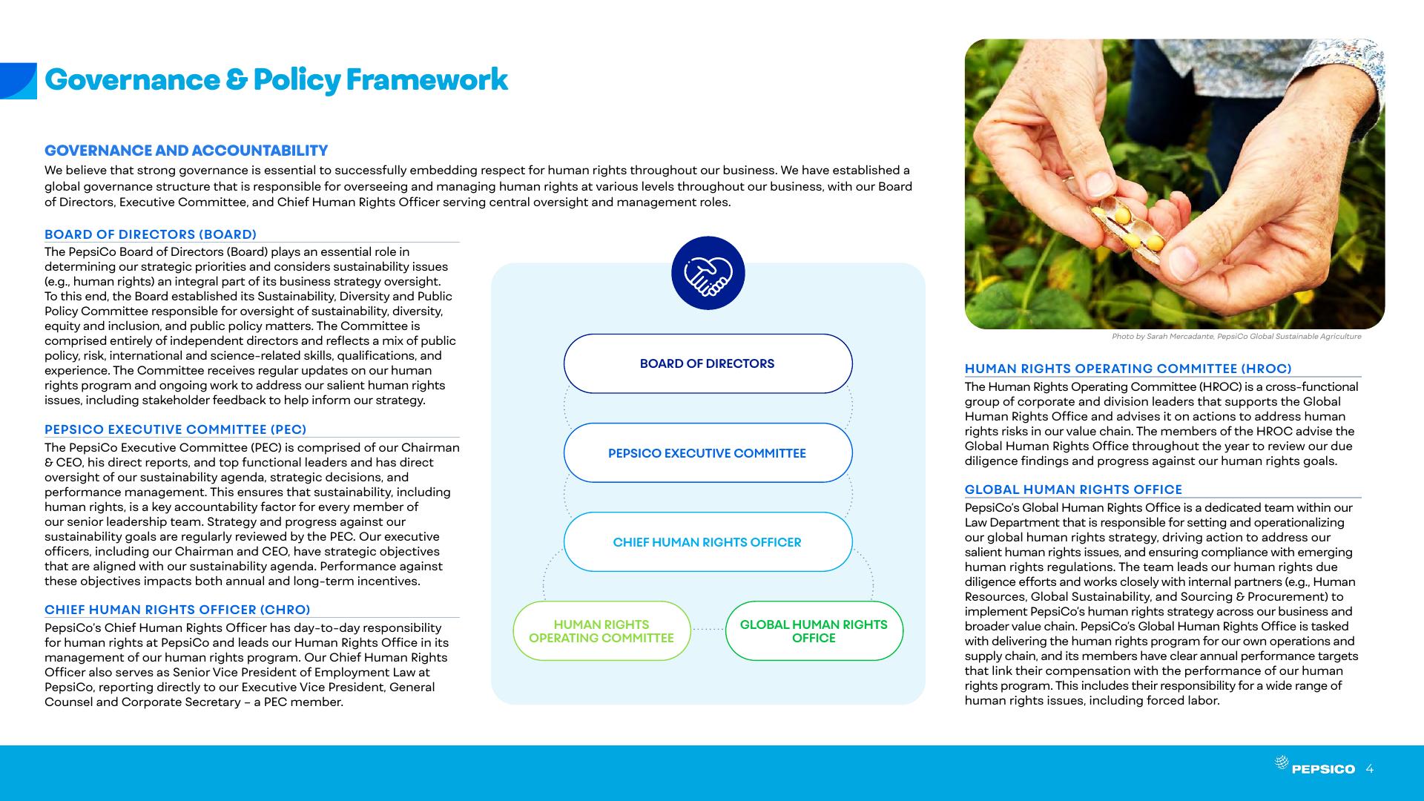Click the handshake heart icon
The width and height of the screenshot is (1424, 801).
708,273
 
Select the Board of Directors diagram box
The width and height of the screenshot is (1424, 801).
708,363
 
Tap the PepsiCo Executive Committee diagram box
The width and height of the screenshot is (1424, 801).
708,453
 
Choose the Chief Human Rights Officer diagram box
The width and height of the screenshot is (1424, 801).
708,542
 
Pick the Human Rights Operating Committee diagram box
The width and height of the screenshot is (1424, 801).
601,631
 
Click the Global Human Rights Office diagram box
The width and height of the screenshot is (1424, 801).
814,631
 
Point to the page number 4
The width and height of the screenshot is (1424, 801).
1369,768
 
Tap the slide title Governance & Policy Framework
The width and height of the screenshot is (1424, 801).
276,80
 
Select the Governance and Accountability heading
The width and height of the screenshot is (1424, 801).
186,151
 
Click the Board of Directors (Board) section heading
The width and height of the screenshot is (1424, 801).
151,234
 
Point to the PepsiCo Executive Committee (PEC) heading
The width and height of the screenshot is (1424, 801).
175,429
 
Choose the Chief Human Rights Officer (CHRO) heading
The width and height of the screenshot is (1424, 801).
177,610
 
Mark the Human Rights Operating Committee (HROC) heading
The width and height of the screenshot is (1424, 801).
1128,369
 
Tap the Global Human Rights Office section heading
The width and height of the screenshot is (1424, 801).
1073,489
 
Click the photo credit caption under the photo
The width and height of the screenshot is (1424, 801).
1236,337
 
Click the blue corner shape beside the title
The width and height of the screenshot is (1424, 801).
18,81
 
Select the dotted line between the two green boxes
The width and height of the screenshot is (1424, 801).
708,630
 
